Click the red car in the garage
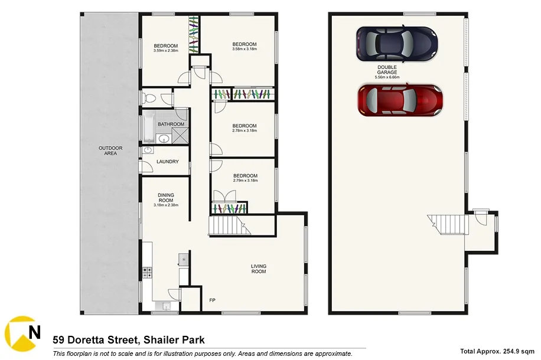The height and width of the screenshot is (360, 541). point(400,100)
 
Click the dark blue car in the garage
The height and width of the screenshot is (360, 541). point(396,43)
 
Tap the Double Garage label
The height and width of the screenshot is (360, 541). point(387,72)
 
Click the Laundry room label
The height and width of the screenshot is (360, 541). point(167,162)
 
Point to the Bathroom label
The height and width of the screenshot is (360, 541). point(171,125)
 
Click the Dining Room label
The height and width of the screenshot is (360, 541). point(165,198)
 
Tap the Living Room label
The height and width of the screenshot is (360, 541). point(258,269)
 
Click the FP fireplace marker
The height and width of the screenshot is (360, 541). point(213,300)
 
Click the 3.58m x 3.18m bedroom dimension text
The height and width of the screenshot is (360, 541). point(244,50)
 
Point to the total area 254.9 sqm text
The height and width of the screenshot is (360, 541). point(498,351)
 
